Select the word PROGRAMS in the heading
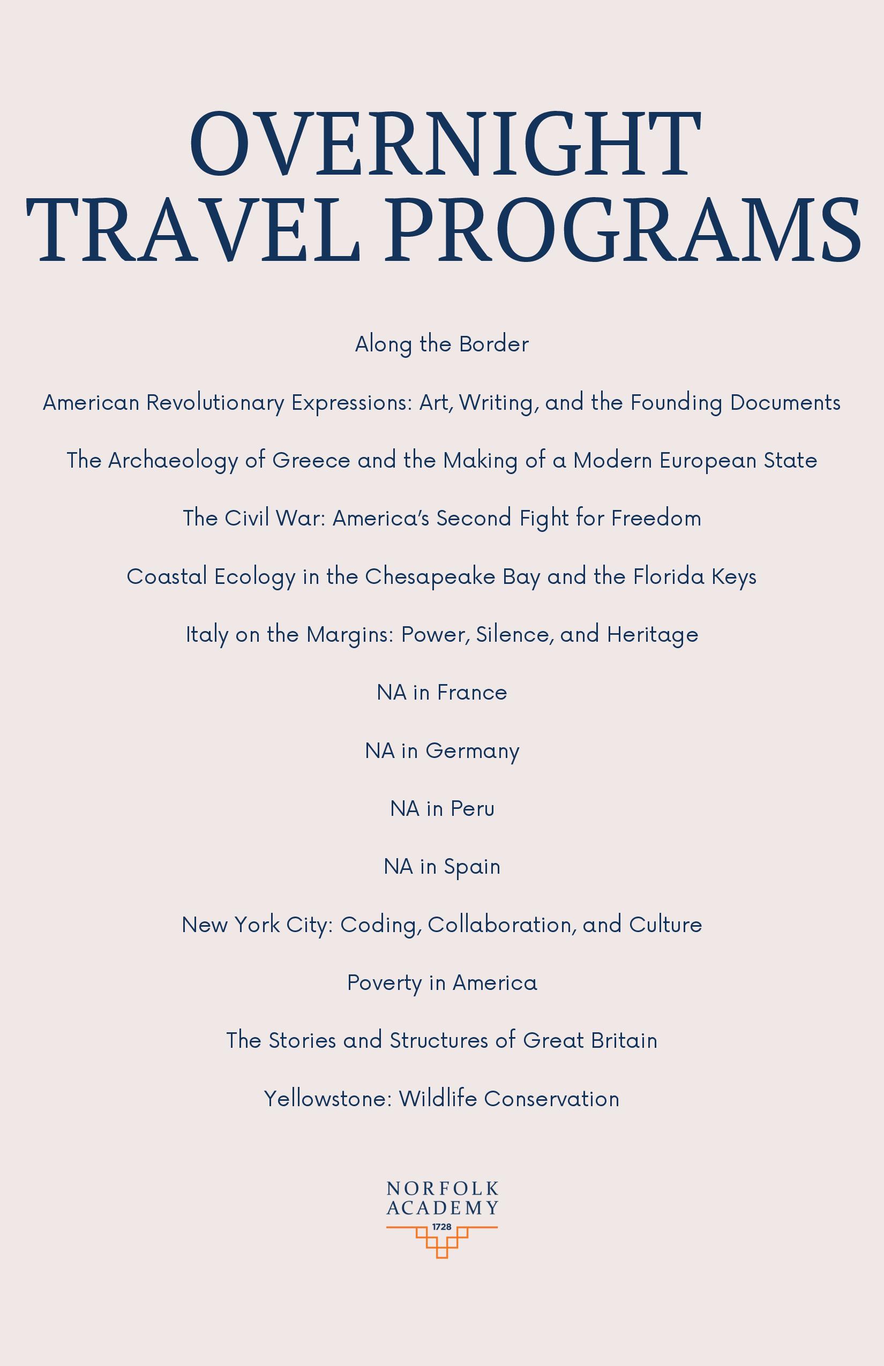(x=623, y=230)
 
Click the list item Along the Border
(x=442, y=344)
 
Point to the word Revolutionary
(x=215, y=403)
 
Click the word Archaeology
(x=173, y=461)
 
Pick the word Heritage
(x=653, y=635)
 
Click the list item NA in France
(x=442, y=693)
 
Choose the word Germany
(x=473, y=751)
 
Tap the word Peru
(x=473, y=809)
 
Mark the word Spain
(x=472, y=867)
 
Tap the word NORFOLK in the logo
(x=442, y=1188)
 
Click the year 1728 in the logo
(x=442, y=1227)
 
